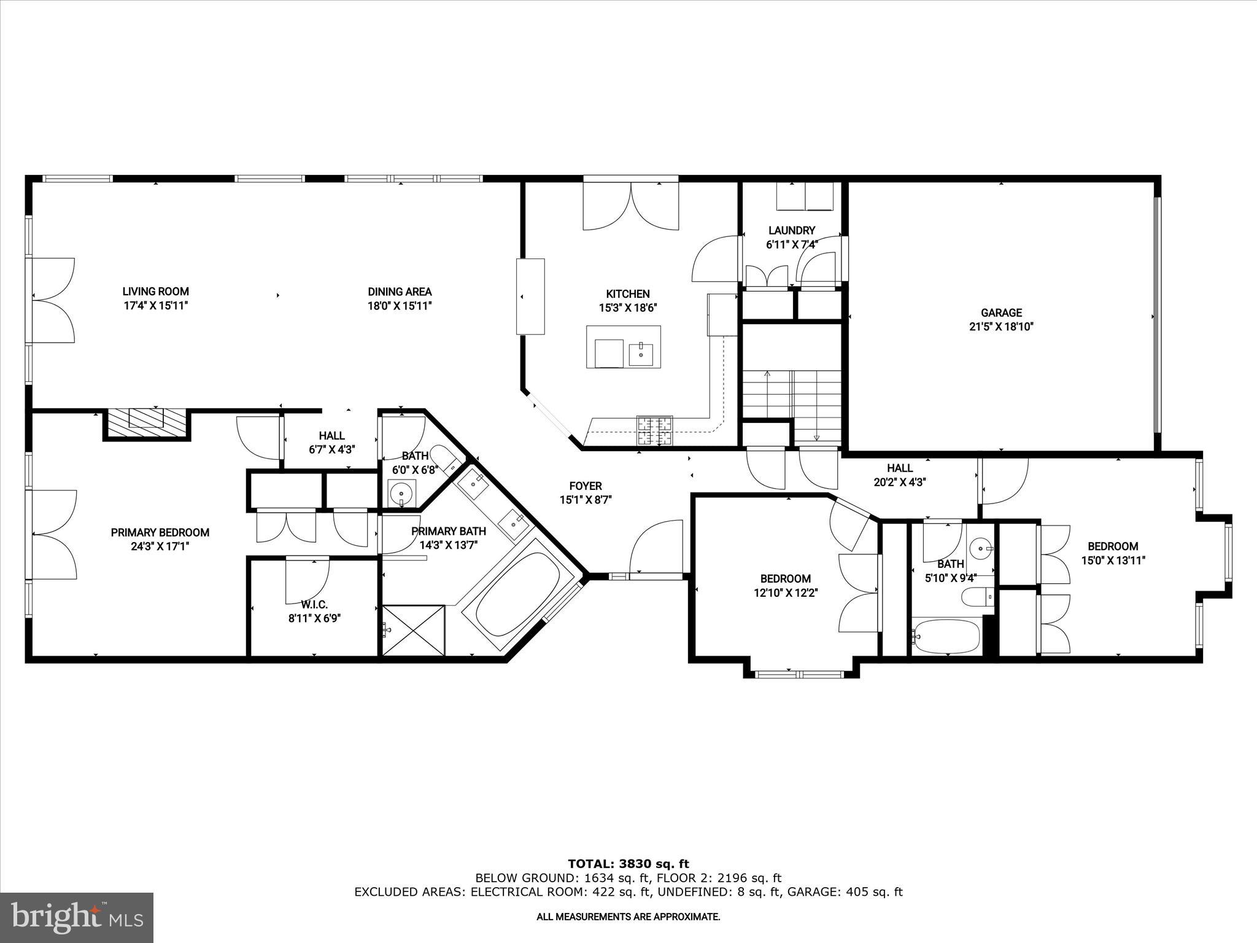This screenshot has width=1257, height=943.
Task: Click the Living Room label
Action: (155, 292)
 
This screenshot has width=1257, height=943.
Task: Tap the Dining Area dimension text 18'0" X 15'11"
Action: (400, 305)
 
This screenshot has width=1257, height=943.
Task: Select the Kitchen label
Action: (627, 294)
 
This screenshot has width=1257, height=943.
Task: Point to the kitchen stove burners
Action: (655, 430)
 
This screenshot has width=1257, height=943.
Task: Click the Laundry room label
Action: (791, 230)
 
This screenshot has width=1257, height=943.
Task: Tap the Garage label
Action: (1001, 312)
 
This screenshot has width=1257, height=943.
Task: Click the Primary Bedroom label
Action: (160, 532)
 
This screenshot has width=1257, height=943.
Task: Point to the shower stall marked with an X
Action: (412, 630)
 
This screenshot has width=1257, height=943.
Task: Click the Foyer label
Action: (585, 486)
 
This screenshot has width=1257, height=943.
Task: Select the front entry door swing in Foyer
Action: (656, 547)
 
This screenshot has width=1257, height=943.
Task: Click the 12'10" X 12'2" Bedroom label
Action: (785, 585)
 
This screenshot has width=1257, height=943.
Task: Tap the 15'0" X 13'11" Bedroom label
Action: (1113, 553)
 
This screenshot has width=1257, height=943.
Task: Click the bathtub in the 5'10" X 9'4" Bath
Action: (945, 636)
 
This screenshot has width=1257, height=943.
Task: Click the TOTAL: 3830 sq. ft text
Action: (628, 864)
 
